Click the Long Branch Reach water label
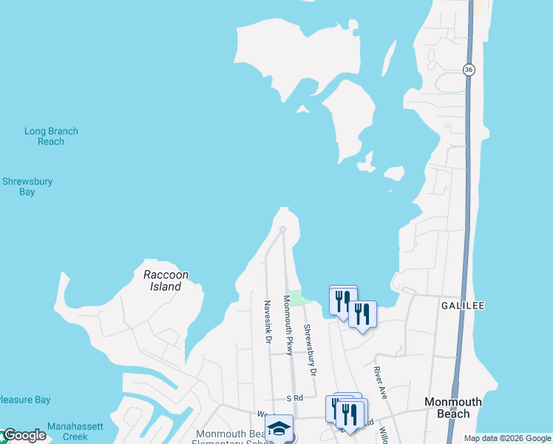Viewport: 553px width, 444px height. [x=51, y=136]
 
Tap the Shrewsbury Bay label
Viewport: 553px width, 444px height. [x=27, y=186]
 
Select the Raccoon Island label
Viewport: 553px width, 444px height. [x=166, y=280]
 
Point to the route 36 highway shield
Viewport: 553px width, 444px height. [x=469, y=69]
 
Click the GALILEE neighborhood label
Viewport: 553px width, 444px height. [x=462, y=306]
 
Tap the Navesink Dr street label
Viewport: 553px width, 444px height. [x=268, y=320]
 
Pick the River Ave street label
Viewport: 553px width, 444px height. [x=380, y=382]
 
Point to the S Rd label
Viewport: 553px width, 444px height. [x=295, y=398]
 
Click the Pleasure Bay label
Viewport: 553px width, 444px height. [x=24, y=400]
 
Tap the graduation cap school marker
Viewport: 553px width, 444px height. [x=279, y=428]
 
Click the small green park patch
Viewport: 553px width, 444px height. [x=298, y=297]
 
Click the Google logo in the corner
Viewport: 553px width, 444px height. [x=24, y=436]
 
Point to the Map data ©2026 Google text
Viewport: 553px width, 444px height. [x=507, y=438]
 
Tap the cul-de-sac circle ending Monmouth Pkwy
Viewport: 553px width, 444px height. [x=282, y=229]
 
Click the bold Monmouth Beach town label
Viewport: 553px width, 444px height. [x=452, y=408]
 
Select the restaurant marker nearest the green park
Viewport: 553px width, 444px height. [x=342, y=300]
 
